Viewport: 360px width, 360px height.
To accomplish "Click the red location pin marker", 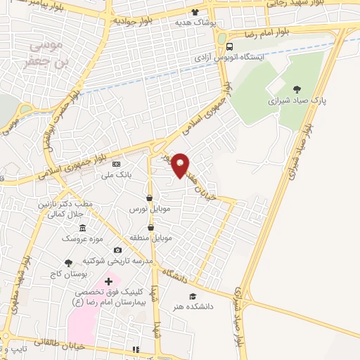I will [x=181, y=165].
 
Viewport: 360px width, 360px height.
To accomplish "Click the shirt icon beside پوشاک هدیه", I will [x=195, y=12].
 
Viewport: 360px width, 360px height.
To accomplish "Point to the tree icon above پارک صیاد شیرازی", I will [x=296, y=89].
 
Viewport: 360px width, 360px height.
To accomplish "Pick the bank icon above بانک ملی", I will [x=117, y=163].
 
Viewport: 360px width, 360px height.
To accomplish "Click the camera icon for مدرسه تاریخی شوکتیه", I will [x=117, y=250].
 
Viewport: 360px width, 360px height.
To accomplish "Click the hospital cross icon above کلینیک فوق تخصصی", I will [x=108, y=281].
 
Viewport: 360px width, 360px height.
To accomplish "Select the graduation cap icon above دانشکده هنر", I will [x=193, y=296].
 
